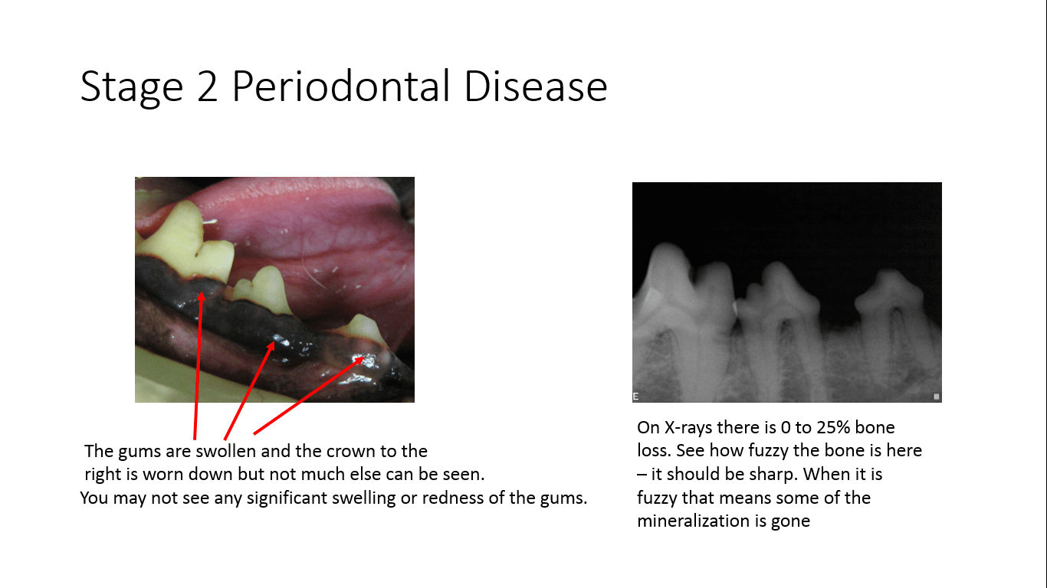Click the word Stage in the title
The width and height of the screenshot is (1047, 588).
pos(131,87)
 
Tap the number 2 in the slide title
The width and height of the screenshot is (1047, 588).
pos(212,87)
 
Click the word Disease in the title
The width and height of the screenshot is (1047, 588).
pos(536,87)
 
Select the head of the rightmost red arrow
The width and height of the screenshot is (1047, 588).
pos(363,358)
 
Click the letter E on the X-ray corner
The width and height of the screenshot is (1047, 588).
pos(635,396)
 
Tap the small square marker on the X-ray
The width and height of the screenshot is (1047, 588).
pos(936,397)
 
